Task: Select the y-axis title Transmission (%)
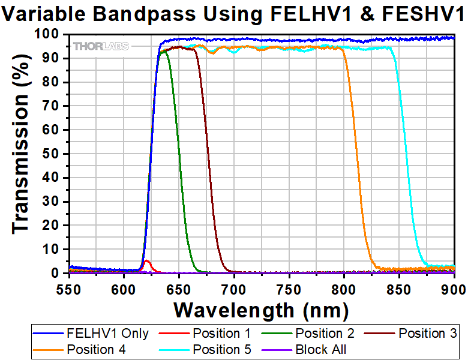(x=21, y=154)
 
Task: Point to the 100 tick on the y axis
(x=54, y=35)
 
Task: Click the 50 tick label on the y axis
(x=58, y=154)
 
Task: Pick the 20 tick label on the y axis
(x=58, y=226)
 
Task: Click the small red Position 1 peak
(x=146, y=261)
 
